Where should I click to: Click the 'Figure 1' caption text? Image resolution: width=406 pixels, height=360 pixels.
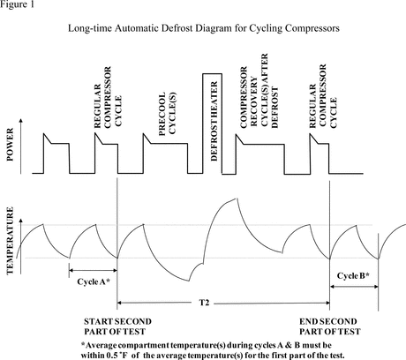[x=17, y=4]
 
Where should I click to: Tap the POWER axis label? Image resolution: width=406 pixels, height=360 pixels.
[x=10, y=145]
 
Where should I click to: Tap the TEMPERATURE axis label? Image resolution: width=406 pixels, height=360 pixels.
[x=10, y=241]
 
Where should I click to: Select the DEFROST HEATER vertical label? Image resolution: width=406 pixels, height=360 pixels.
[x=214, y=121]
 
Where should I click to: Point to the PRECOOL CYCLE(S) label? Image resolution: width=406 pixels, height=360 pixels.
[x=168, y=114]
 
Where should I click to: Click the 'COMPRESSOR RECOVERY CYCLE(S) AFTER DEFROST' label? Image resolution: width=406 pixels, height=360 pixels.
[x=259, y=91]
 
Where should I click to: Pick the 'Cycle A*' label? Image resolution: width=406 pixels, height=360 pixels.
[x=94, y=281]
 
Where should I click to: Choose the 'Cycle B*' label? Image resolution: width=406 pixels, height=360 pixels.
[x=353, y=276]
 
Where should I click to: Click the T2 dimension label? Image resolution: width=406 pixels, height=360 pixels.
[x=204, y=303]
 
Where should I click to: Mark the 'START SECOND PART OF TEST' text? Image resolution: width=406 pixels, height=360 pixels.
[x=117, y=326]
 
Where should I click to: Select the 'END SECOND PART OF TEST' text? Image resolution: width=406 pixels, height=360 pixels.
[x=330, y=326]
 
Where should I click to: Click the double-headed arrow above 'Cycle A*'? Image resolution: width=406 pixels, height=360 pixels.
[x=93, y=270]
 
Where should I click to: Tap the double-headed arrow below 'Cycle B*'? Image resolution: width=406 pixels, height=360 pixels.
[x=354, y=287]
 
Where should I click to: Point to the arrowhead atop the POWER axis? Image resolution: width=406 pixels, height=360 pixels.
[x=20, y=121]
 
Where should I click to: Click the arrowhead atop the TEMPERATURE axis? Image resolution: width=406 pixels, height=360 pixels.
[x=20, y=221]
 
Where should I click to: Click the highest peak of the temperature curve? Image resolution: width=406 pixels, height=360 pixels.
[x=236, y=199]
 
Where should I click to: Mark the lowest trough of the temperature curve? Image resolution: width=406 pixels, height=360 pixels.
[x=189, y=281]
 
